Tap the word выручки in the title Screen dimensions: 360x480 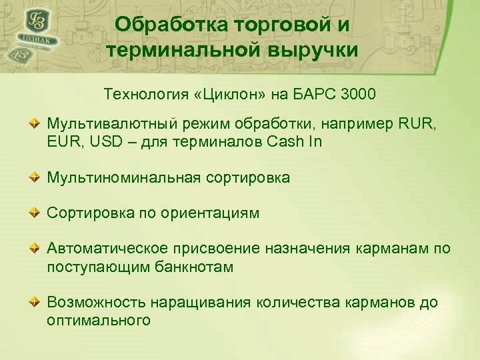[313, 50]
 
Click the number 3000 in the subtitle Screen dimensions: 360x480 [358, 94]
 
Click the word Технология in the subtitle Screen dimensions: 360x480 [142, 94]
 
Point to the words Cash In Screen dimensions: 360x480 [297, 142]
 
